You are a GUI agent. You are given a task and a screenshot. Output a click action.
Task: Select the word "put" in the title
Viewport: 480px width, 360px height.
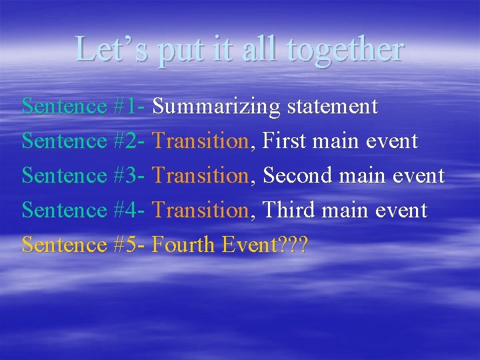[x=176, y=50]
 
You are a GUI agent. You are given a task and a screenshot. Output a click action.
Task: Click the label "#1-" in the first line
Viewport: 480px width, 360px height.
[x=130, y=106]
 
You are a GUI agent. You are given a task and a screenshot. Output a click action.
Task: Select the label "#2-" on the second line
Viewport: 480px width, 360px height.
[x=130, y=141]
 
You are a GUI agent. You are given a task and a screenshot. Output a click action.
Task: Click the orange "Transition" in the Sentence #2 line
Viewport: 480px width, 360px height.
[x=200, y=141]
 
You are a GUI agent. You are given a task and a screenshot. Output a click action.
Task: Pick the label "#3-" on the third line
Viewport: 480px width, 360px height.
[x=130, y=175]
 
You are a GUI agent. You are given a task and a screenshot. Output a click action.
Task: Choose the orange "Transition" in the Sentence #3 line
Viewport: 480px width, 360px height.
[x=200, y=175]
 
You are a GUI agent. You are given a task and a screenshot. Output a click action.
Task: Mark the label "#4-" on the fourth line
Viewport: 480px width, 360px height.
[x=130, y=210]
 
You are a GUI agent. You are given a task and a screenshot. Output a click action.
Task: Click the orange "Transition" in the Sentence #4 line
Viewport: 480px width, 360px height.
[x=200, y=210]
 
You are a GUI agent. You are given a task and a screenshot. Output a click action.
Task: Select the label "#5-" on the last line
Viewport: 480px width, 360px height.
[x=130, y=245]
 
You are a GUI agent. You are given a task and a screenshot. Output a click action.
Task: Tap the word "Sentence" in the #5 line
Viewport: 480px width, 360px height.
[x=64, y=245]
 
